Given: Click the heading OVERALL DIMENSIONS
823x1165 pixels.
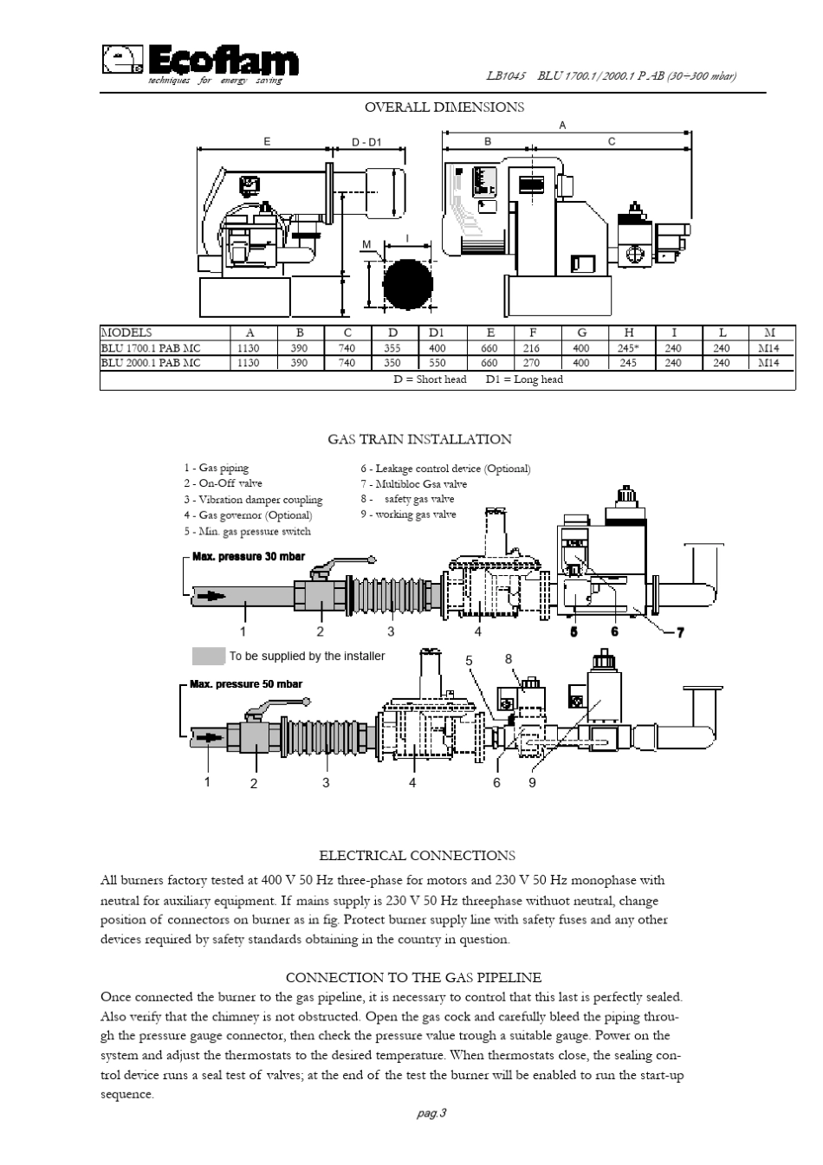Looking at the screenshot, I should (444, 107).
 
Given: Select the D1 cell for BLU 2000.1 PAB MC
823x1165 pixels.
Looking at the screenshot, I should (437, 364).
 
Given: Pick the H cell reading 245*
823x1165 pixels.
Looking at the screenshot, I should (628, 348).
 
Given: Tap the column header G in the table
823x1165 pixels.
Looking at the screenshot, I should (581, 333).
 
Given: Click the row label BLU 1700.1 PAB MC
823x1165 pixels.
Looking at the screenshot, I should (151, 348).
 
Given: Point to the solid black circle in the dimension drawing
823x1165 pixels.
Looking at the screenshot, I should (408, 285).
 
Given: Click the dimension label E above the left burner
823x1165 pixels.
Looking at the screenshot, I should (267, 142).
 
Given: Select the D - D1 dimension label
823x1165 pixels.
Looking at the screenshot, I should (366, 142).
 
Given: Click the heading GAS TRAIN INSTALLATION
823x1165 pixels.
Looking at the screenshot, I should (419, 440).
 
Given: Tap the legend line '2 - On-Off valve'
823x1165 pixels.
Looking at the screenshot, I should (223, 483).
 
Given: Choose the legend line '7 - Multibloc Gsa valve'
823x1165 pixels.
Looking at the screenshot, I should (414, 484).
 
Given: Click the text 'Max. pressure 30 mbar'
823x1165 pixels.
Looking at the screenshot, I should (249, 556).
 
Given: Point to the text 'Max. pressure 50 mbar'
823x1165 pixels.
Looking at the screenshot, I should (246, 684).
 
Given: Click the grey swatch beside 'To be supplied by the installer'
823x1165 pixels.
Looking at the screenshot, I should (209, 656).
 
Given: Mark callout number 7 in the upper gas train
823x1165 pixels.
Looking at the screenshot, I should (679, 632).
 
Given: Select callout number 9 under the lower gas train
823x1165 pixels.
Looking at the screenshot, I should (532, 782).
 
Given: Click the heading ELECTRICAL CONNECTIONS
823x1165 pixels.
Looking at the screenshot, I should (417, 856).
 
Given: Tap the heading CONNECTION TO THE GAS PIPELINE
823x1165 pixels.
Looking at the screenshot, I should (413, 978).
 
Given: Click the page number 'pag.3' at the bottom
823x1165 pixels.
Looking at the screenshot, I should (431, 1114).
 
